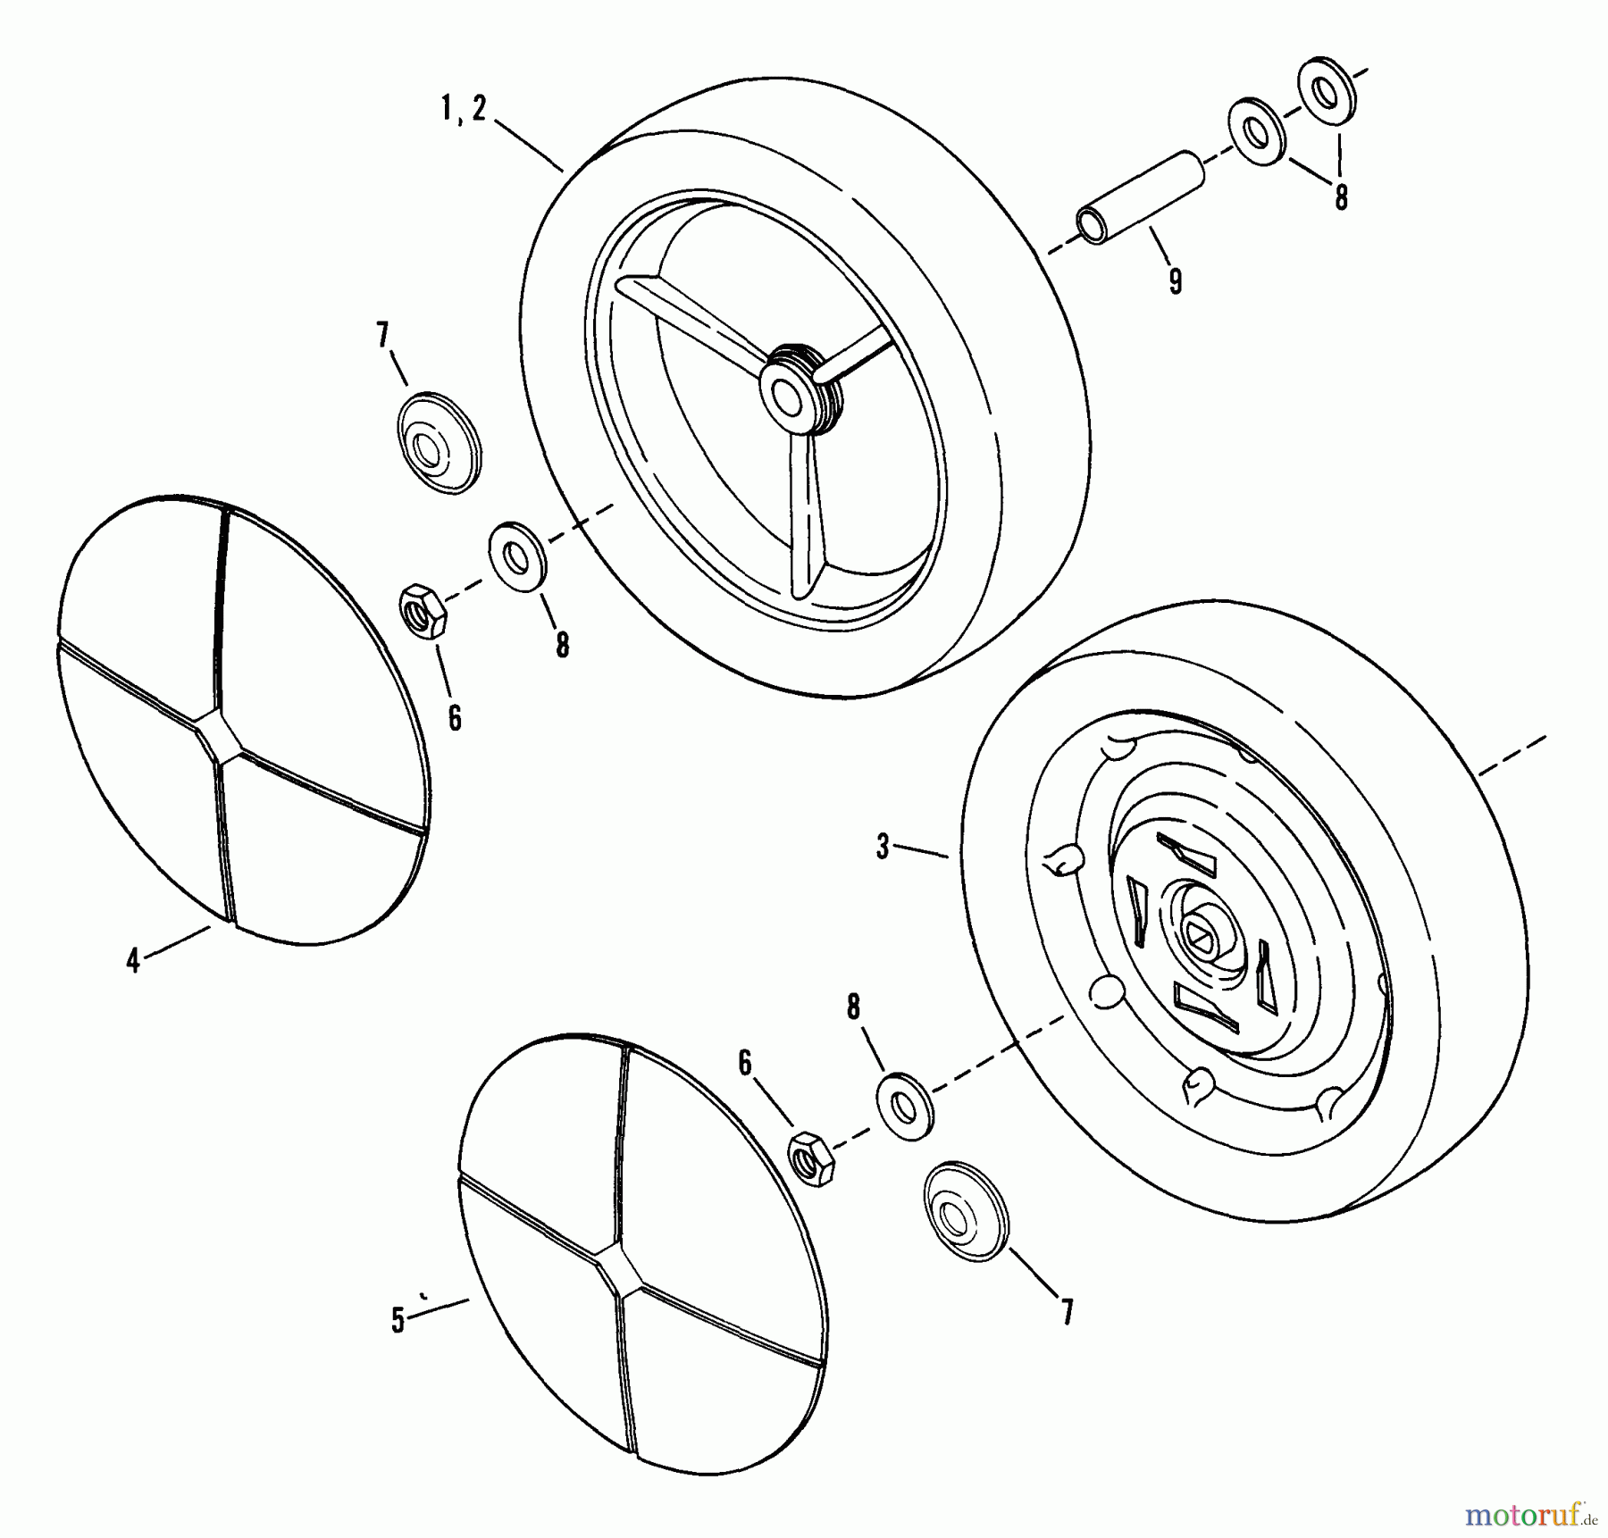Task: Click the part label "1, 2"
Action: click(464, 110)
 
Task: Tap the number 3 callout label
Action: click(883, 846)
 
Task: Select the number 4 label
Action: click(133, 961)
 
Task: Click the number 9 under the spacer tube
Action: click(1175, 282)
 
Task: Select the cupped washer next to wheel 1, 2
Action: click(438, 440)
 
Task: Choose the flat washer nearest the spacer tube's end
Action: click(1258, 131)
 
